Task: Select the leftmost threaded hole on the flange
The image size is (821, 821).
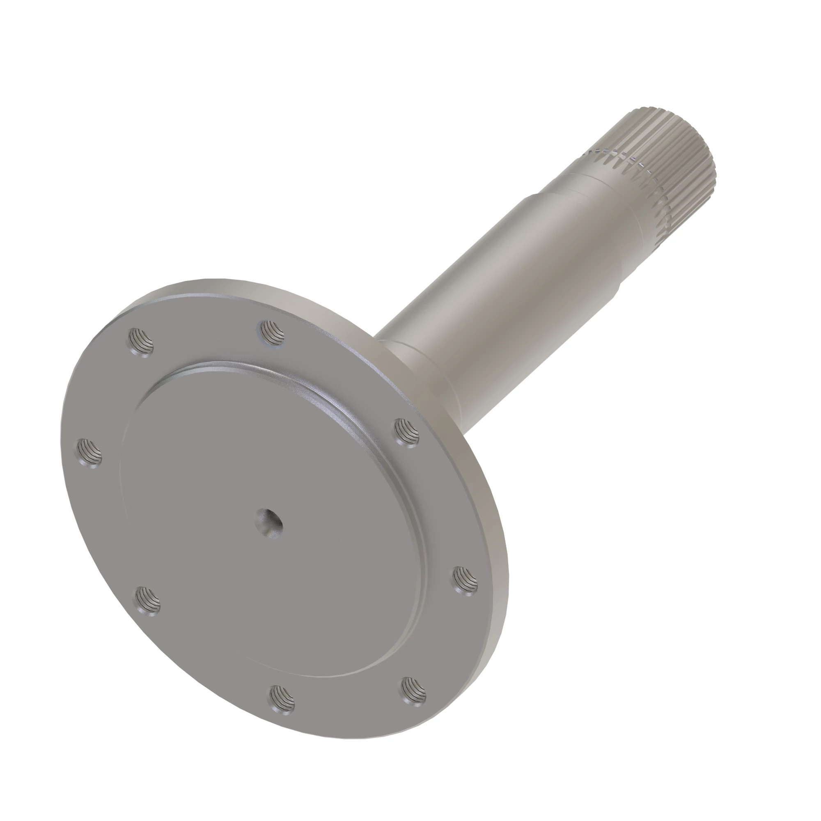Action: [90, 454]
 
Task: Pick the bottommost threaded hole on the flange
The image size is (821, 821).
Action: [282, 700]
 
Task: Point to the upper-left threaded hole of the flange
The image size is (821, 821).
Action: [140, 342]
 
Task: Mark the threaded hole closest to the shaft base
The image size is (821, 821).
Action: [407, 433]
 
